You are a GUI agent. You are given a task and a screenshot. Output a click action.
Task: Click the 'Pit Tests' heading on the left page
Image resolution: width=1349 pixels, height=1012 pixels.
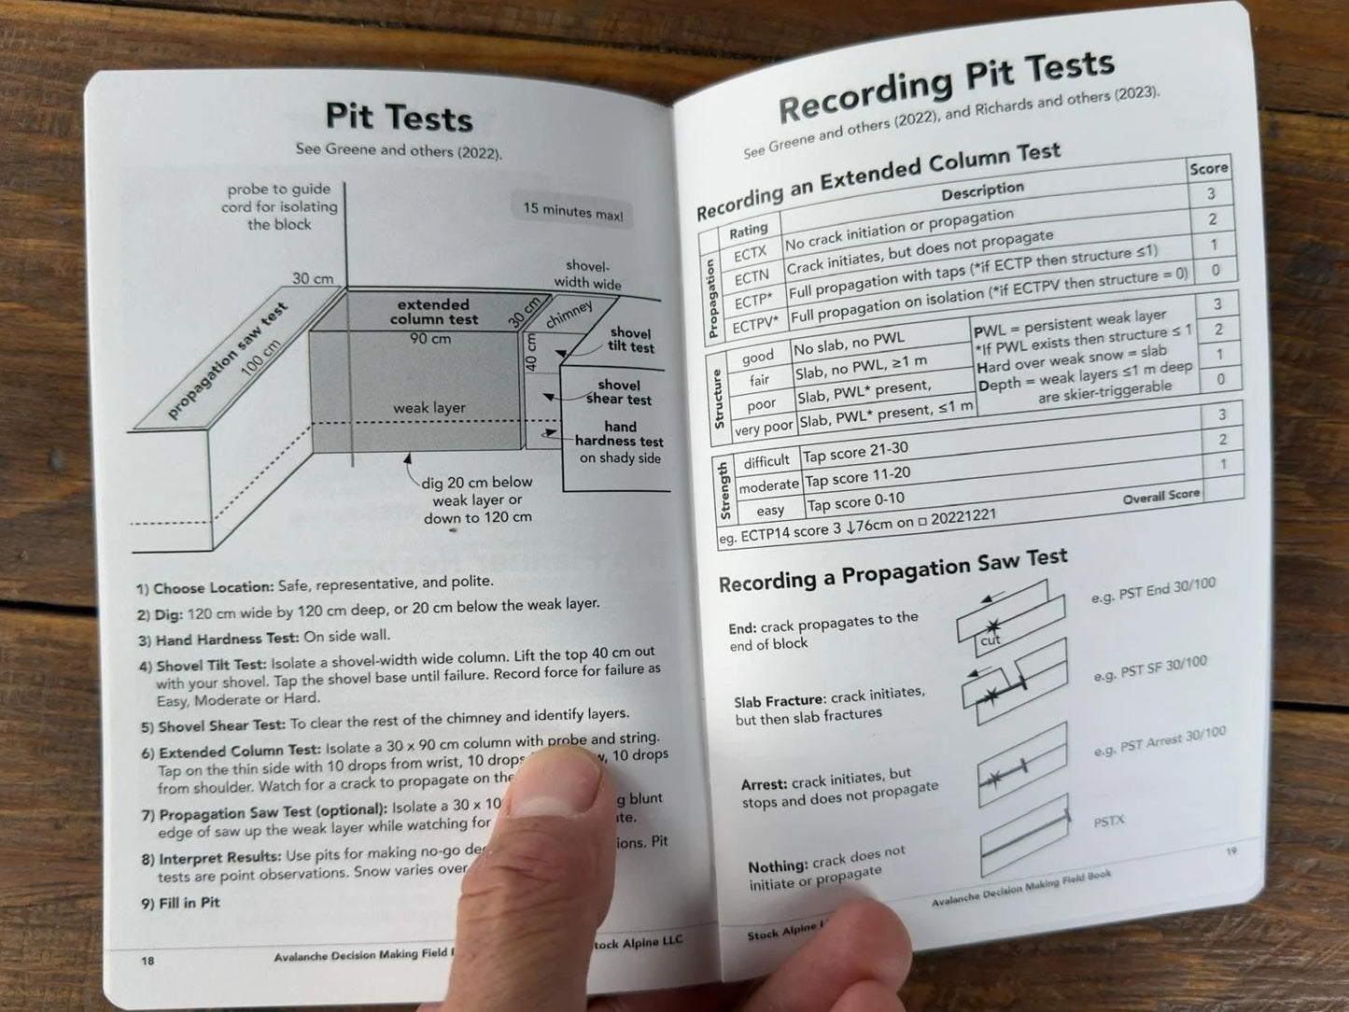(399, 119)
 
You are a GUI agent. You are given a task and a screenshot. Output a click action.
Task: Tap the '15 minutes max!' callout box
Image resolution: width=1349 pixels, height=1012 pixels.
(572, 210)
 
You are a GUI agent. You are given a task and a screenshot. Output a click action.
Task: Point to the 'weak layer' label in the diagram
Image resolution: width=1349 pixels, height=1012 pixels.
(429, 408)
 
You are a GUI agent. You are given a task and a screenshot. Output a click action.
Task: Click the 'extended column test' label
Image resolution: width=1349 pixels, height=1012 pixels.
(433, 312)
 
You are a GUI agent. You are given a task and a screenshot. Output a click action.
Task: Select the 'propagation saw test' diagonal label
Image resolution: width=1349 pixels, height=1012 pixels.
(227, 360)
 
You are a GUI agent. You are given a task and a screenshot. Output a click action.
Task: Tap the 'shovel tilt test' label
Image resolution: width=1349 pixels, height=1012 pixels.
(631, 340)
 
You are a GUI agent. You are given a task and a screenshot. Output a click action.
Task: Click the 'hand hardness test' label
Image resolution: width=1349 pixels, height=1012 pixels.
(619, 434)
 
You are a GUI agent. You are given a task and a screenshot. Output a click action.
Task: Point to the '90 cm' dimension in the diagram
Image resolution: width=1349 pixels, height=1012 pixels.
(430, 338)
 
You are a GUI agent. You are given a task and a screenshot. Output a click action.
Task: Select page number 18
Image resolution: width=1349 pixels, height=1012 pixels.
(148, 960)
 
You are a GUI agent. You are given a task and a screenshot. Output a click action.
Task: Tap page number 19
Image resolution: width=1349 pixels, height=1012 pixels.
(1230, 851)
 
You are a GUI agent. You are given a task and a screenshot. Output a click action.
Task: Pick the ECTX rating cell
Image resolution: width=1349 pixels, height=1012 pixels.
(750, 253)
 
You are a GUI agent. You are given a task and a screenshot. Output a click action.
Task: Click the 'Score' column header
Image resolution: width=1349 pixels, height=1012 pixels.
(1208, 169)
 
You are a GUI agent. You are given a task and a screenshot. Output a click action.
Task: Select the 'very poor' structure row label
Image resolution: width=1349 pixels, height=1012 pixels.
(763, 429)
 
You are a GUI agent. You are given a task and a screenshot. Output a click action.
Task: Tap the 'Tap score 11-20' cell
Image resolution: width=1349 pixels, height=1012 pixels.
(857, 477)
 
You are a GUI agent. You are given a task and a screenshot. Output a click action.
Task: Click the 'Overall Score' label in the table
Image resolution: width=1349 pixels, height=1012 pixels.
(1160, 497)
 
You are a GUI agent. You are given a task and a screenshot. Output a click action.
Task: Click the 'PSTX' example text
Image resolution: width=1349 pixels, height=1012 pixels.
(1108, 822)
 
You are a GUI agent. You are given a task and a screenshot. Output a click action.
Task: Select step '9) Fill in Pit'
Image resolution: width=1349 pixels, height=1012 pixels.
(180, 903)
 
